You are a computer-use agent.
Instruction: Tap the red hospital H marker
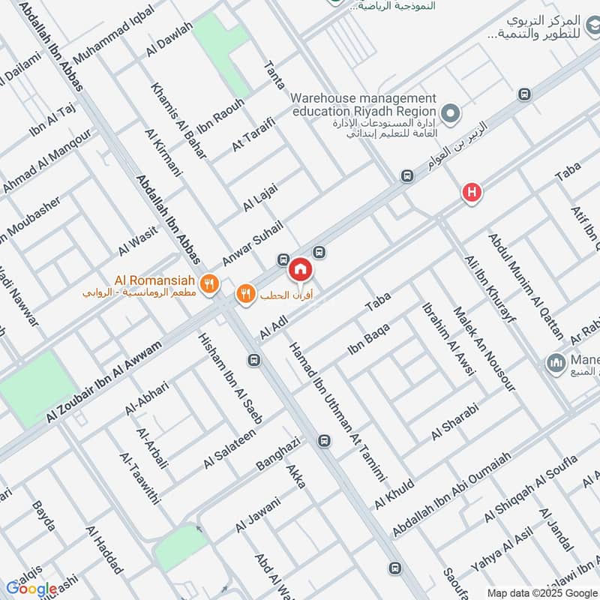click(x=471, y=193)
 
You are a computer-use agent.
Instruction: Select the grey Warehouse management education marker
click(x=449, y=115)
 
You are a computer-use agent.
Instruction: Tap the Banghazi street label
click(x=277, y=452)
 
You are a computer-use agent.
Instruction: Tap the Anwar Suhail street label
click(x=252, y=242)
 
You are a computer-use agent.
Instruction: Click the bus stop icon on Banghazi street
click(x=324, y=440)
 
